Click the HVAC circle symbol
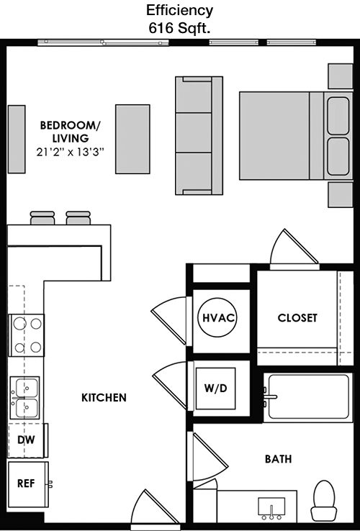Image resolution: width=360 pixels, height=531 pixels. [x=217, y=317]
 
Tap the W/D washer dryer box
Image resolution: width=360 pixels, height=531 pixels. [x=215, y=388]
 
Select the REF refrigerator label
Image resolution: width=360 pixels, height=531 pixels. [x=26, y=484]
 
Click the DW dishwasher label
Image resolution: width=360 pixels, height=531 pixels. [x=26, y=440]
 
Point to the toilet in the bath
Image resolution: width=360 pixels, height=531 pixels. [x=324, y=500]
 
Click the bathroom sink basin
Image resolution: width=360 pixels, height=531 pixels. [x=271, y=507]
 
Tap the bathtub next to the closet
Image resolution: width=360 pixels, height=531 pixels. [x=308, y=398]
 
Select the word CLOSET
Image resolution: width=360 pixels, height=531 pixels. [x=297, y=318]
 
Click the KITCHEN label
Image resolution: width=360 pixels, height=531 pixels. [x=104, y=398]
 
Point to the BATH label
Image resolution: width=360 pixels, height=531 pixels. [x=279, y=459]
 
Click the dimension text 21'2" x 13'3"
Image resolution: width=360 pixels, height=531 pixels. [x=70, y=153]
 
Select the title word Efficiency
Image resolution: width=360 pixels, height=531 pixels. [x=180, y=11]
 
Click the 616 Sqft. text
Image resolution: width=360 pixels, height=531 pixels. [x=180, y=29]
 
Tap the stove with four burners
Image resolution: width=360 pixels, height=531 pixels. [x=27, y=335]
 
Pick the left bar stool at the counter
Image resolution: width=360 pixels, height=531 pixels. [x=42, y=218]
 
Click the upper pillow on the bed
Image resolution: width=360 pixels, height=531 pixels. [x=338, y=116]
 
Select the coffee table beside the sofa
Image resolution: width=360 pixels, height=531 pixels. [x=132, y=139]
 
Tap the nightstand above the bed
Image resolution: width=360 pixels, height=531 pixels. [x=341, y=76]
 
